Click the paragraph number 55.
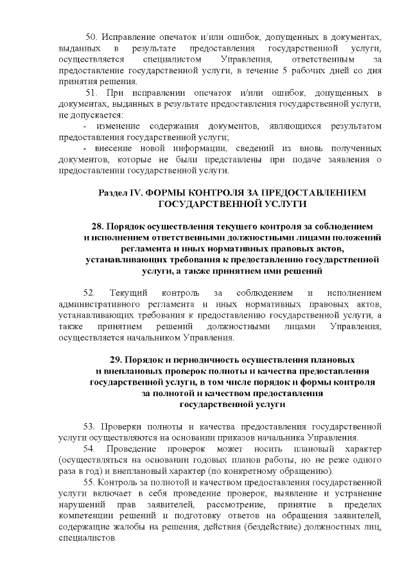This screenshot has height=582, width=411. point(90,482)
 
